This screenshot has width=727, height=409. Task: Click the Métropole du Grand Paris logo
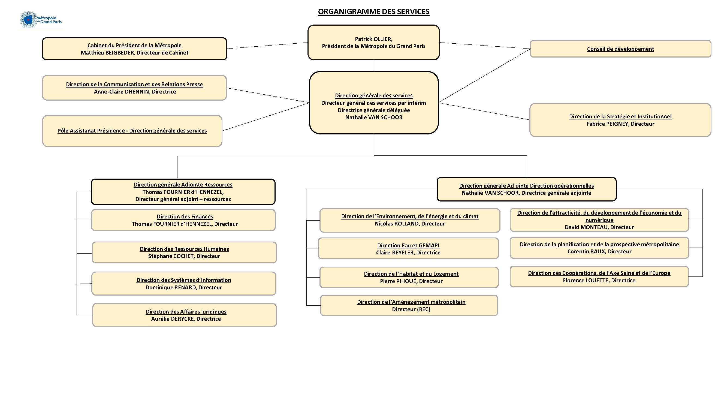[x=41, y=20]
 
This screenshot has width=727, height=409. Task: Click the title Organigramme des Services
[x=373, y=11]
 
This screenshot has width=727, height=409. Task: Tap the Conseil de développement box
[x=620, y=49]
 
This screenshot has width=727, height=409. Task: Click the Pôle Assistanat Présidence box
[x=132, y=131]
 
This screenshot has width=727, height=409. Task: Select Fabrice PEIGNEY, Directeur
[x=620, y=124]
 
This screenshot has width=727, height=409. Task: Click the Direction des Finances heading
[x=185, y=216]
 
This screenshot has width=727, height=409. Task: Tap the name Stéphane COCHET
[x=171, y=256]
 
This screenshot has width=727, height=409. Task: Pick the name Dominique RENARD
[x=171, y=288]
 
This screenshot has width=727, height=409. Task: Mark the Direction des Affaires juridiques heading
[x=186, y=312]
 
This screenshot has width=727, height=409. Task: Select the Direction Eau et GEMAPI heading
[x=408, y=246]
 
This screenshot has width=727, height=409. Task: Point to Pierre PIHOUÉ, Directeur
[x=411, y=281]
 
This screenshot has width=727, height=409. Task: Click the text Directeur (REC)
[x=411, y=309]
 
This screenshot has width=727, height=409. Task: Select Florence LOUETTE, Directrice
[x=599, y=281]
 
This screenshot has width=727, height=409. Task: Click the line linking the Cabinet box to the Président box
[x=267, y=46]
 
